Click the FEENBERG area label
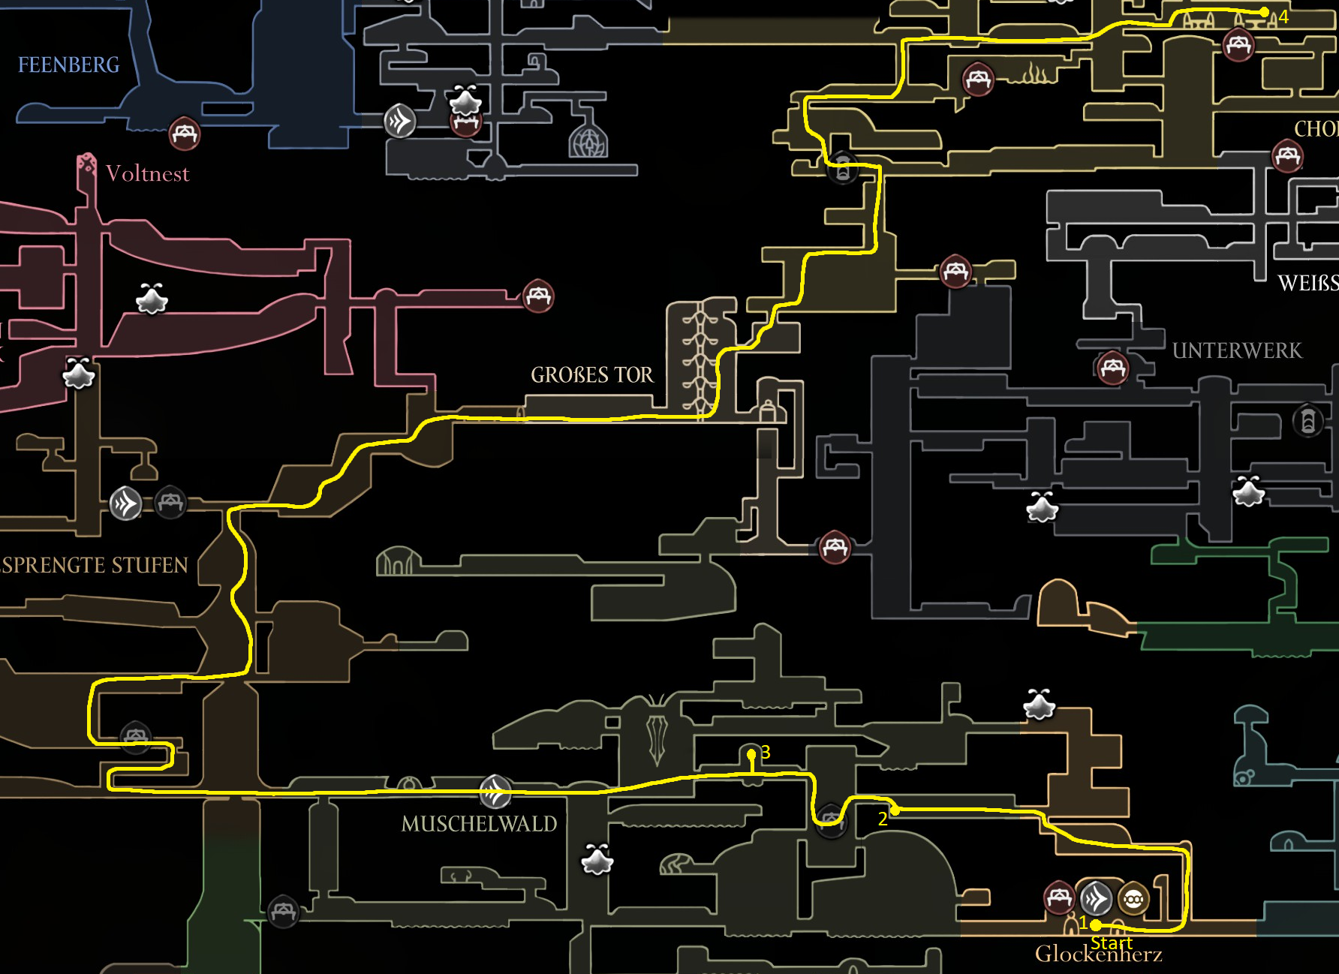pos(68,65)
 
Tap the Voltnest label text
pos(147,174)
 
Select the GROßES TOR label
pos(591,375)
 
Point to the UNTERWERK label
pos(1237,351)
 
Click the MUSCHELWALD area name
pos(479,824)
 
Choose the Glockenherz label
pos(1098,954)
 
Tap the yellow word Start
pos(1111,942)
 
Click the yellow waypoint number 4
pos(1283,17)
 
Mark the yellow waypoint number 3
pos(766,752)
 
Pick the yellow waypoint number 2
pos(883,819)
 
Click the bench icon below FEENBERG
pos(184,134)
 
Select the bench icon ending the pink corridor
pos(538,296)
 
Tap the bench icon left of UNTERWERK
pos(1112,368)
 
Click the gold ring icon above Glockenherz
pos(1133,898)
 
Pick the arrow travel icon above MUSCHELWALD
pos(495,790)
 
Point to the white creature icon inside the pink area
pos(152,299)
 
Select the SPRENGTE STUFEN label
pos(93,565)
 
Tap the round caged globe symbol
pos(588,140)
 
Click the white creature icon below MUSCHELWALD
pos(597,860)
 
